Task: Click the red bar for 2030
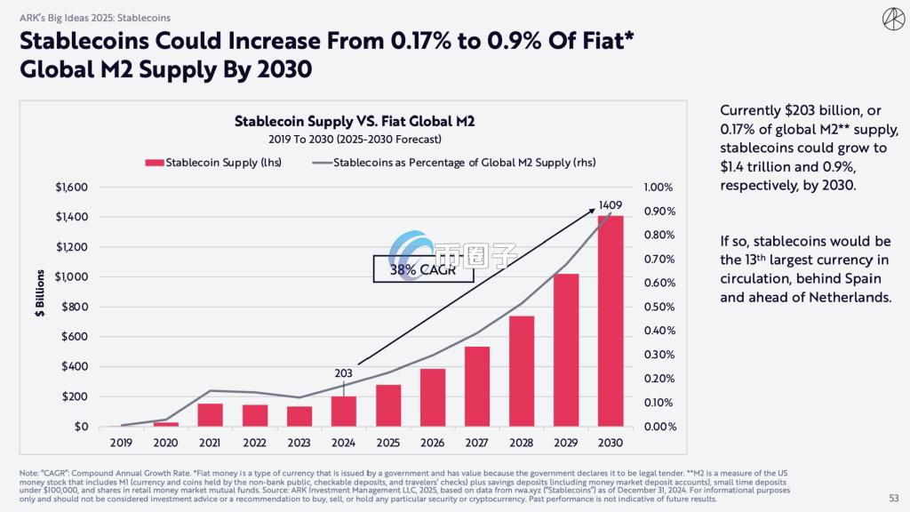pos(611,321)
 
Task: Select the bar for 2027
pos(477,386)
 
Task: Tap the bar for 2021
pos(210,415)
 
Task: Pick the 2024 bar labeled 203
pos(343,411)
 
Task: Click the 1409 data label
pos(611,205)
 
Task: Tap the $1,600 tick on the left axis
pos(72,187)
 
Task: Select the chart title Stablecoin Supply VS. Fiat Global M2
pos(355,121)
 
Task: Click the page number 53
pos(893,497)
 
